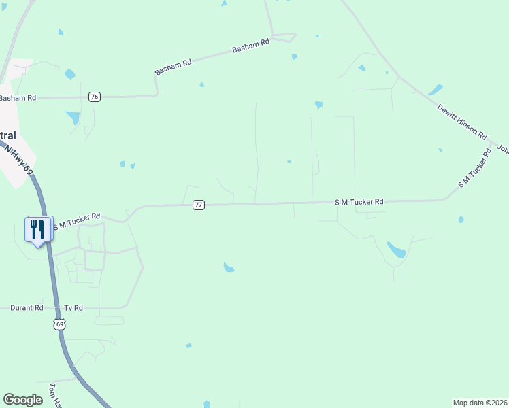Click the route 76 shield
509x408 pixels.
pyautogui.click(x=95, y=97)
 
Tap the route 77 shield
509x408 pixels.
pyautogui.click(x=198, y=205)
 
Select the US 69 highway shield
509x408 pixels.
pyautogui.click(x=60, y=325)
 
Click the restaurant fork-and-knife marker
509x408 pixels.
pyautogui.click(x=37, y=228)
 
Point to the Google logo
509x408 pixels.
pyautogui.click(x=22, y=400)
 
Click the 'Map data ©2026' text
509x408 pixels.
pyautogui.click(x=480, y=402)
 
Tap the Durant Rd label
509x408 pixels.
pyautogui.click(x=27, y=308)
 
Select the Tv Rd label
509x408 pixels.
pyautogui.click(x=73, y=308)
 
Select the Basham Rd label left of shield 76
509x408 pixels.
pyautogui.click(x=17, y=98)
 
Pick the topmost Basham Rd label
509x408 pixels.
pyautogui.click(x=251, y=46)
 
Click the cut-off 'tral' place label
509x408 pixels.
pyautogui.click(x=8, y=135)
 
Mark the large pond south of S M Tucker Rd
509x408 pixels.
pyautogui.click(x=396, y=250)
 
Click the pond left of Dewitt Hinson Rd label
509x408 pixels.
pyautogui.click(x=435, y=90)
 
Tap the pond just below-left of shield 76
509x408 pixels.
pyautogui.click(x=72, y=118)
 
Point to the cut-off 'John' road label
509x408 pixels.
pyautogui.click(x=504, y=148)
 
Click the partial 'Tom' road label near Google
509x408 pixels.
pyautogui.click(x=54, y=395)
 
